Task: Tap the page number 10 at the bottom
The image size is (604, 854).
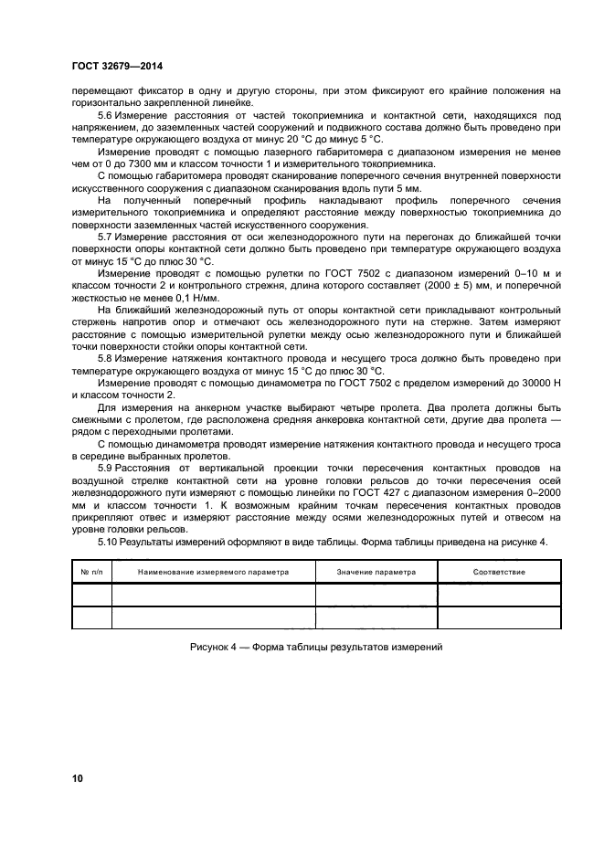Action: [x=77, y=778]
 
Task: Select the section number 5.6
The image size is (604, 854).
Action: [x=105, y=115]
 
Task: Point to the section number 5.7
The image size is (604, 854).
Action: [x=105, y=236]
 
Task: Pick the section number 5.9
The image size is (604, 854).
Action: [x=105, y=468]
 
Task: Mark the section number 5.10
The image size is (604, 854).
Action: [x=108, y=542]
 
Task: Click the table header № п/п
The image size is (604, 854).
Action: [x=91, y=572]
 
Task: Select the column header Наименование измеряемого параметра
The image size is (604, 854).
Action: [x=213, y=572]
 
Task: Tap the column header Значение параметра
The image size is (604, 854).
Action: [x=376, y=572]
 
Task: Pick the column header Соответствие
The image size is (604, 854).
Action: [x=499, y=572]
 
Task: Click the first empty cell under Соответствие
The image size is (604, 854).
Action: [x=499, y=595]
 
